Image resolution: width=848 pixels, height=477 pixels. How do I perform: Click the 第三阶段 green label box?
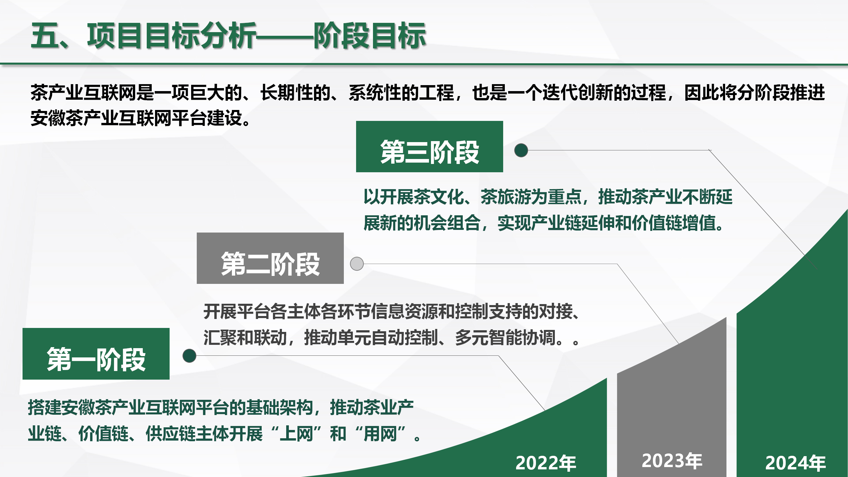[x=429, y=146]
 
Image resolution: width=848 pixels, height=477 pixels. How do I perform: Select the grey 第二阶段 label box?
[x=270, y=258]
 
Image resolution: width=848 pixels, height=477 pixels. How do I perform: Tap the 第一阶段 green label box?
[x=96, y=354]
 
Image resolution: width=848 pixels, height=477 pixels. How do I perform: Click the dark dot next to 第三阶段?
[x=521, y=150]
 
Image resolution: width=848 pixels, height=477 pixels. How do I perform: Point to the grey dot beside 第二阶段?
[x=357, y=264]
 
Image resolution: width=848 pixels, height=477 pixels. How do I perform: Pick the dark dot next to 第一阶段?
[x=189, y=356]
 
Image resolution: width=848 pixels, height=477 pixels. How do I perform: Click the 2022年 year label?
[x=546, y=463]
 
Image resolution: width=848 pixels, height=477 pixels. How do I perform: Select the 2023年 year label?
[x=672, y=460]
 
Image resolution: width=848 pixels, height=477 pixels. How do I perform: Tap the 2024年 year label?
[x=795, y=463]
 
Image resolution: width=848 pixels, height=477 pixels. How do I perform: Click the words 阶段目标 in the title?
[x=370, y=35]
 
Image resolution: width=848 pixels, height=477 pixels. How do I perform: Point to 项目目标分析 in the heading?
[x=172, y=35]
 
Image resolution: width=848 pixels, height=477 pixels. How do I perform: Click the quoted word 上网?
[x=296, y=434]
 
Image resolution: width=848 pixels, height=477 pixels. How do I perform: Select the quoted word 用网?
[x=380, y=434]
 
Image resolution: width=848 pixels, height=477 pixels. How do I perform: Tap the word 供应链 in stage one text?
[x=171, y=434]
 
